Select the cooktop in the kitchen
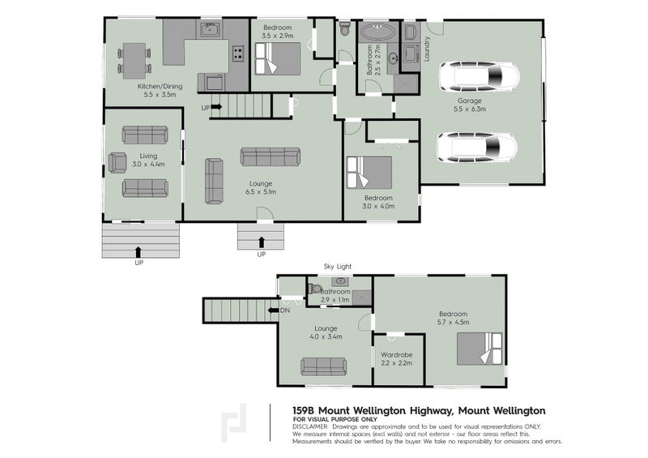tap(238, 54)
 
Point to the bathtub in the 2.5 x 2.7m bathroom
tap(377, 34)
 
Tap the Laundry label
tap(427, 50)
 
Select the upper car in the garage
tap(479, 79)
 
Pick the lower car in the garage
tap(477, 148)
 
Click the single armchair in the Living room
tap(117, 162)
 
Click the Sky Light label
tap(339, 265)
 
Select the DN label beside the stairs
tap(284, 310)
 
